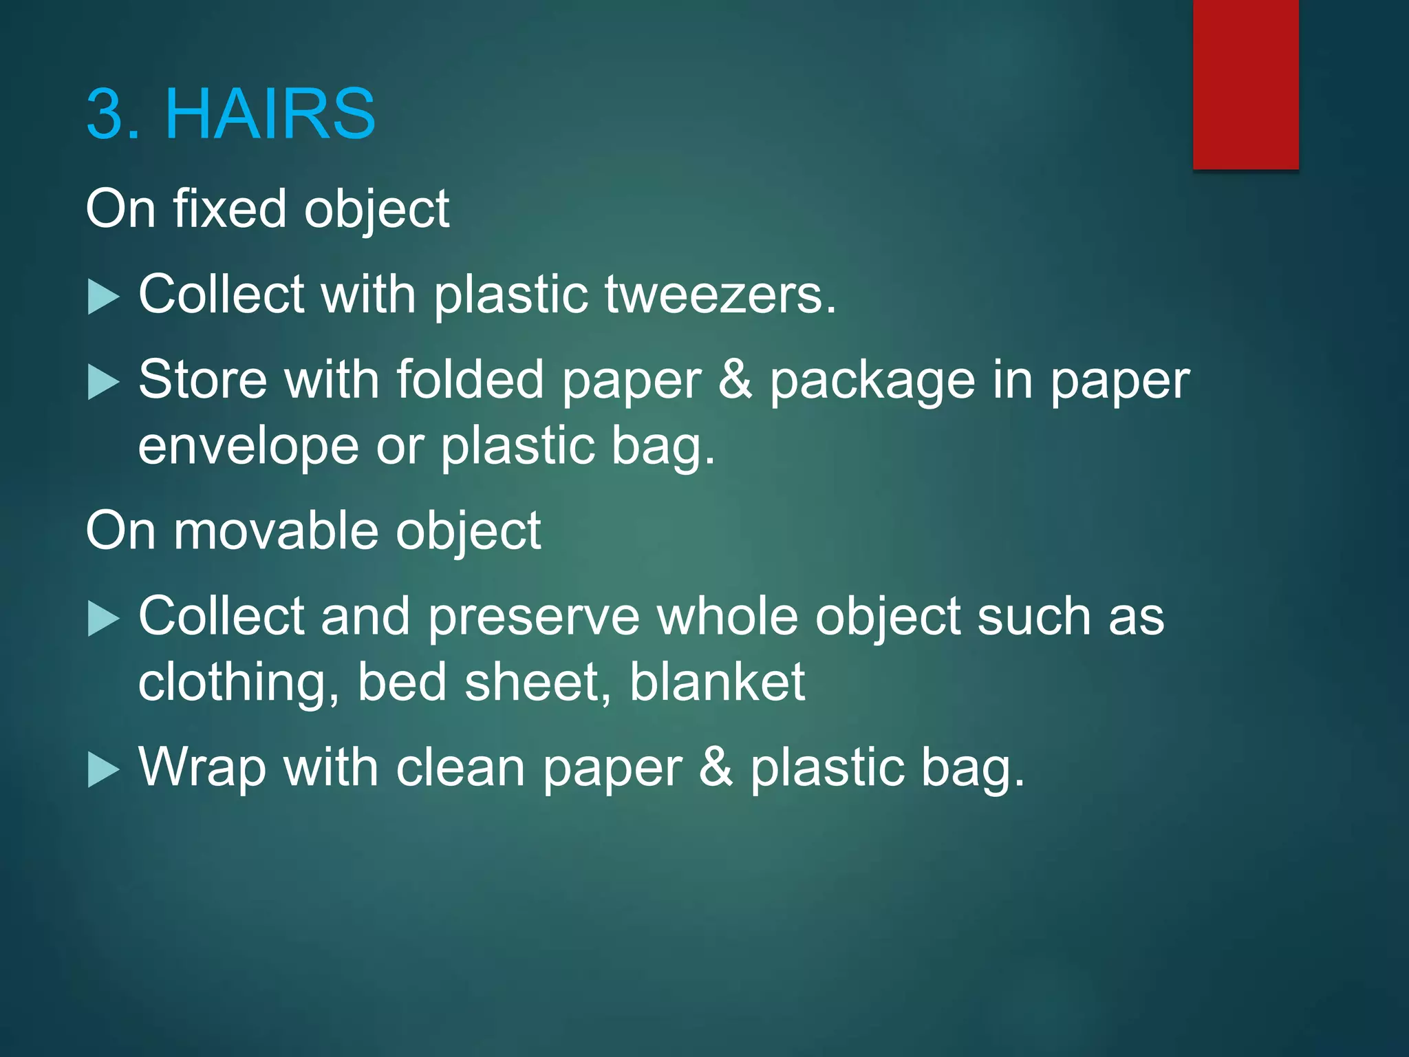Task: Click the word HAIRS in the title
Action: [x=270, y=114]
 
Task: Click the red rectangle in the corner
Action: [x=1245, y=84]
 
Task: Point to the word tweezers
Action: [x=720, y=295]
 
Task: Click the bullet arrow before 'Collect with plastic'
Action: [x=104, y=298]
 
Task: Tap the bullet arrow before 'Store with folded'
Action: [x=104, y=383]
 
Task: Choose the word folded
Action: [x=470, y=380]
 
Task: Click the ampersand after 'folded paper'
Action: [x=735, y=380]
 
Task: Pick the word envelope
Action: [x=248, y=446]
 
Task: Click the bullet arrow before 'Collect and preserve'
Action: [x=104, y=619]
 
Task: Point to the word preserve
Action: [x=534, y=616]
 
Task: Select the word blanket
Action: [x=717, y=681]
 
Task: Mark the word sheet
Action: [x=537, y=681]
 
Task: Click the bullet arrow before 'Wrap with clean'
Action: [x=104, y=770]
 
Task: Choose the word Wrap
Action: [x=202, y=768]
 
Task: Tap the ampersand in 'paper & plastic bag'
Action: [x=716, y=767]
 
